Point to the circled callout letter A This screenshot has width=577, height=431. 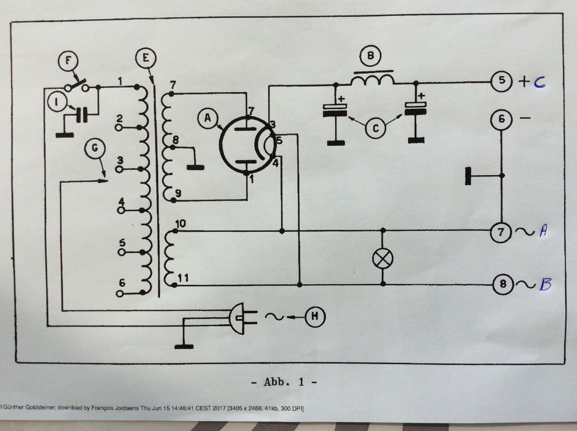click(x=207, y=117)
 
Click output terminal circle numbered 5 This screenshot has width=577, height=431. click(x=501, y=81)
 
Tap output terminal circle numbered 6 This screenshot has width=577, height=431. click(x=501, y=118)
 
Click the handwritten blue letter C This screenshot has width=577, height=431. click(x=539, y=82)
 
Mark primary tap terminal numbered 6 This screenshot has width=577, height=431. click(x=119, y=292)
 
